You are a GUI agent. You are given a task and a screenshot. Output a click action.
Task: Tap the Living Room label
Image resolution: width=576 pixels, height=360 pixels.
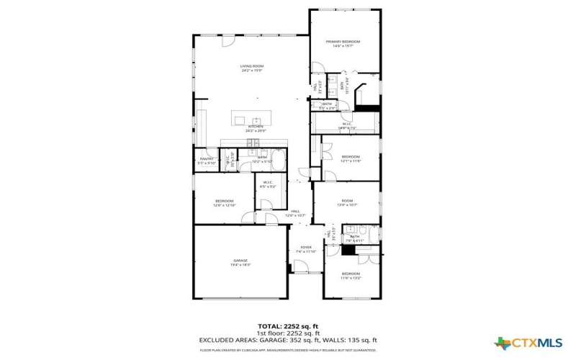251,67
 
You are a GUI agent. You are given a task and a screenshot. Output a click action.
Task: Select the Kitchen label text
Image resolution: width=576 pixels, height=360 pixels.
256,127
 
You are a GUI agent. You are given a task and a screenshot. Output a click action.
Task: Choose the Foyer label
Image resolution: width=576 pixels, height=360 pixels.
306,248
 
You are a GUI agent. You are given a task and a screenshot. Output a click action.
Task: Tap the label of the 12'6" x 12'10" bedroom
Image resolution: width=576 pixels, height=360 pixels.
224,202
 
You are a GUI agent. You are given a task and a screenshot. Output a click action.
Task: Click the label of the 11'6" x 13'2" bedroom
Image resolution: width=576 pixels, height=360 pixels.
351,274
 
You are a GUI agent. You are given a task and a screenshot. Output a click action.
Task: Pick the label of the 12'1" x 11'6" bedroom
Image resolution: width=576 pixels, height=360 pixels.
351,157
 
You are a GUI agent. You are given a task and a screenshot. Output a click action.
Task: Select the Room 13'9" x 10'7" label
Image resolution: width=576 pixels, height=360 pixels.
348,201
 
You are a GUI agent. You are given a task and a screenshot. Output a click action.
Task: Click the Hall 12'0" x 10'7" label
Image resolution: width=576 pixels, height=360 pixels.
295,212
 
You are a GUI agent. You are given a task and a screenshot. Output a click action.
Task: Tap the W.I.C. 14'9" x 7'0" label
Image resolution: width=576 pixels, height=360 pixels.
347,125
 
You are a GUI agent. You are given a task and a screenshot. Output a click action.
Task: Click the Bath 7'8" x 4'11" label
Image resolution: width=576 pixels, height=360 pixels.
354,237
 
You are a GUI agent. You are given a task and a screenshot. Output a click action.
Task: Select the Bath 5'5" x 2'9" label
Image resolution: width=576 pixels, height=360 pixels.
327,105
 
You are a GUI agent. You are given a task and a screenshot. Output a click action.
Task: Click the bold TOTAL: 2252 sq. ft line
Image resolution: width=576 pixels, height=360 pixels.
288,326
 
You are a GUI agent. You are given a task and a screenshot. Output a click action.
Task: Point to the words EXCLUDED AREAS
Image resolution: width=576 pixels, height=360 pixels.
229,339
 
